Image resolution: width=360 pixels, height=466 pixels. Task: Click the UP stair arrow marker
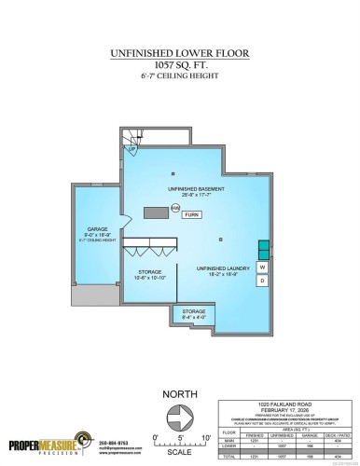click(132, 149)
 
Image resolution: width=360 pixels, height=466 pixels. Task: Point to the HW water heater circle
click(175, 209)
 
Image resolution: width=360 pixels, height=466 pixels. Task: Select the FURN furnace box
click(191, 214)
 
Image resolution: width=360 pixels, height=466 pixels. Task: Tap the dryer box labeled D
click(263, 280)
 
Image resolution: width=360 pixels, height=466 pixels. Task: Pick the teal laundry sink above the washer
click(263, 251)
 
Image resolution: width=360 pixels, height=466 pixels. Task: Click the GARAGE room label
click(96, 229)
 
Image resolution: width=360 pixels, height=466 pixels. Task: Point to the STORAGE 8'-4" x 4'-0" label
click(194, 314)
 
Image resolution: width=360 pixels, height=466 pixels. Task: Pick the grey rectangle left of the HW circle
click(155, 212)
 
